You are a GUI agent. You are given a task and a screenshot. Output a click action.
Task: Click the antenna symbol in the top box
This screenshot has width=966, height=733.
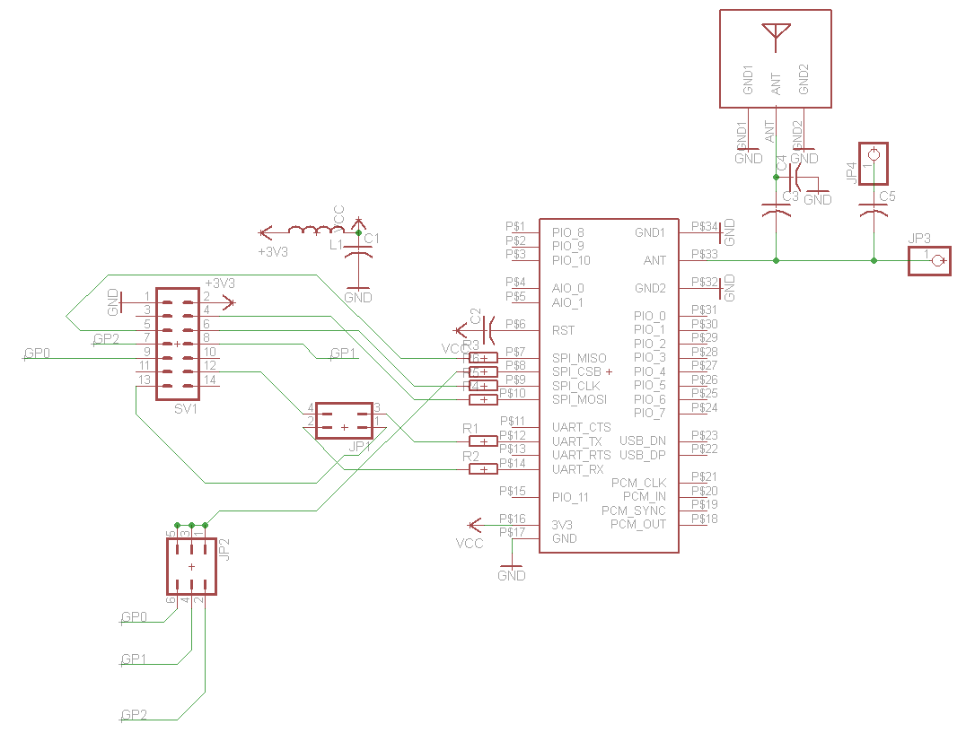point(776,33)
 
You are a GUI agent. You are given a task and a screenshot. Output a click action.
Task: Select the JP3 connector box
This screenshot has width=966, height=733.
point(928,261)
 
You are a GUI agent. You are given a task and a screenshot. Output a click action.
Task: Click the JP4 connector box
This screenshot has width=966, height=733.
point(873,164)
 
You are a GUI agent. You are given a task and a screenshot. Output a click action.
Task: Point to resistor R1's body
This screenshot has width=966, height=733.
point(484,441)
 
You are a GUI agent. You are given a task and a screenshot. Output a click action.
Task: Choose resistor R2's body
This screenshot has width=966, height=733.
point(484,469)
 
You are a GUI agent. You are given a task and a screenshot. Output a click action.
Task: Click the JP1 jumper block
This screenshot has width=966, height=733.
point(344,421)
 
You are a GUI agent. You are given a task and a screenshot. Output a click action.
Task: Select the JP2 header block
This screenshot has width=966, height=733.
point(192,567)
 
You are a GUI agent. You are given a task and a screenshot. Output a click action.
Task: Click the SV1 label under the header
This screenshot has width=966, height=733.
point(186,408)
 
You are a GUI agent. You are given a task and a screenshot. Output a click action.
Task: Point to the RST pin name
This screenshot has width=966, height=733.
point(563,331)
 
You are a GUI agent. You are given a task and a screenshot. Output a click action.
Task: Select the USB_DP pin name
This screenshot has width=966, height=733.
point(643,455)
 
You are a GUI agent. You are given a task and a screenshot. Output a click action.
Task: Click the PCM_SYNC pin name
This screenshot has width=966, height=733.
point(634,510)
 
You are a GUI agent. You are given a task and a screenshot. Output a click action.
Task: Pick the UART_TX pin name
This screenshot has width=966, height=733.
point(577,441)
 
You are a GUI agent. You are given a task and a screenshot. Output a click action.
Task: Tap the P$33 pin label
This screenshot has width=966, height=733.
point(705,255)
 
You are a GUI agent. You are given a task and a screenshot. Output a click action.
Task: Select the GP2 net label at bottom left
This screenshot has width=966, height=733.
point(135,715)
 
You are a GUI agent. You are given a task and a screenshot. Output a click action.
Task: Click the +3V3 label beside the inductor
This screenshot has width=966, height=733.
point(273,252)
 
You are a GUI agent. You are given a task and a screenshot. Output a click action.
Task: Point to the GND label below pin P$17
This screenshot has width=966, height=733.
point(512,576)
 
